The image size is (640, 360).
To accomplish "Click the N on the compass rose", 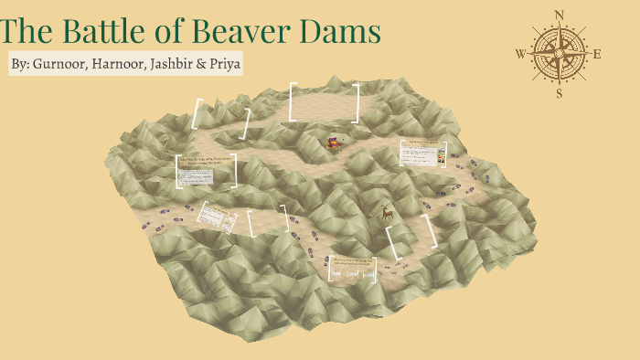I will pyautogui.click(x=559, y=15).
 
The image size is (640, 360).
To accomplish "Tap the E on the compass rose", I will pyautogui.click(x=597, y=54).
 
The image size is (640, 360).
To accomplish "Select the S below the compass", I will pyautogui.click(x=559, y=93).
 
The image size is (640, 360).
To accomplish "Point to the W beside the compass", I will pyautogui.click(x=520, y=54).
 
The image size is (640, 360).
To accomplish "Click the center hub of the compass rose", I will pyautogui.click(x=559, y=53).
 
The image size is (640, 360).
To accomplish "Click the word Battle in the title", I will pyautogui.click(x=109, y=33).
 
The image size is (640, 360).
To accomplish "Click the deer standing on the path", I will pyautogui.click(x=388, y=213).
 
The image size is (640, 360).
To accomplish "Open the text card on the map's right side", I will pyautogui.click(x=423, y=152).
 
